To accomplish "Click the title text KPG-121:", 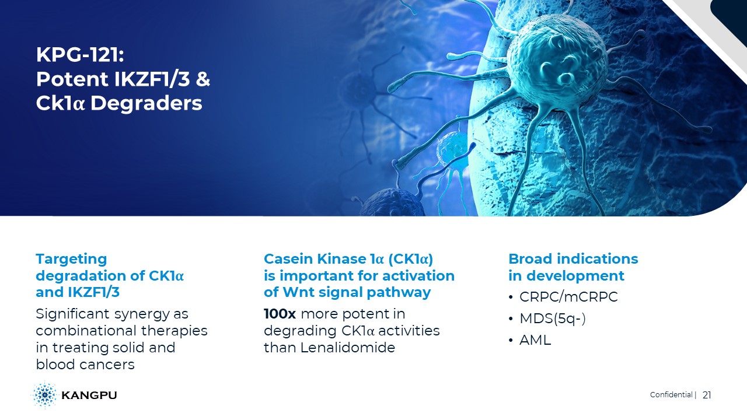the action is pos(80,54).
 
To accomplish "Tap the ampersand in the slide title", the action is pos(203,79).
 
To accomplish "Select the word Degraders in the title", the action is pos(146,103).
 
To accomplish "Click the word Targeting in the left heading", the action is pos(71,260).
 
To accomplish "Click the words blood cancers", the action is pos(85,365).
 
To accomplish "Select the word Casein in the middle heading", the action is pos(288,259).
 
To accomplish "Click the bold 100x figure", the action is pos(280,314).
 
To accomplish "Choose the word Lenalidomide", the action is pos(347,348).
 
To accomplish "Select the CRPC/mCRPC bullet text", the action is pos(568,297).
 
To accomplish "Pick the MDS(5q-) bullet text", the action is pos(553,318).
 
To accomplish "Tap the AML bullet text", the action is pos(535,340).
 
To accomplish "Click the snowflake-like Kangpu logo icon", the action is pos(44,395).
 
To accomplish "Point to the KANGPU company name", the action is pos(89,395).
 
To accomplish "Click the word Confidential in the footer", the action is pos(671,395).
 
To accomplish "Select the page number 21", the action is pos(707,395).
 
